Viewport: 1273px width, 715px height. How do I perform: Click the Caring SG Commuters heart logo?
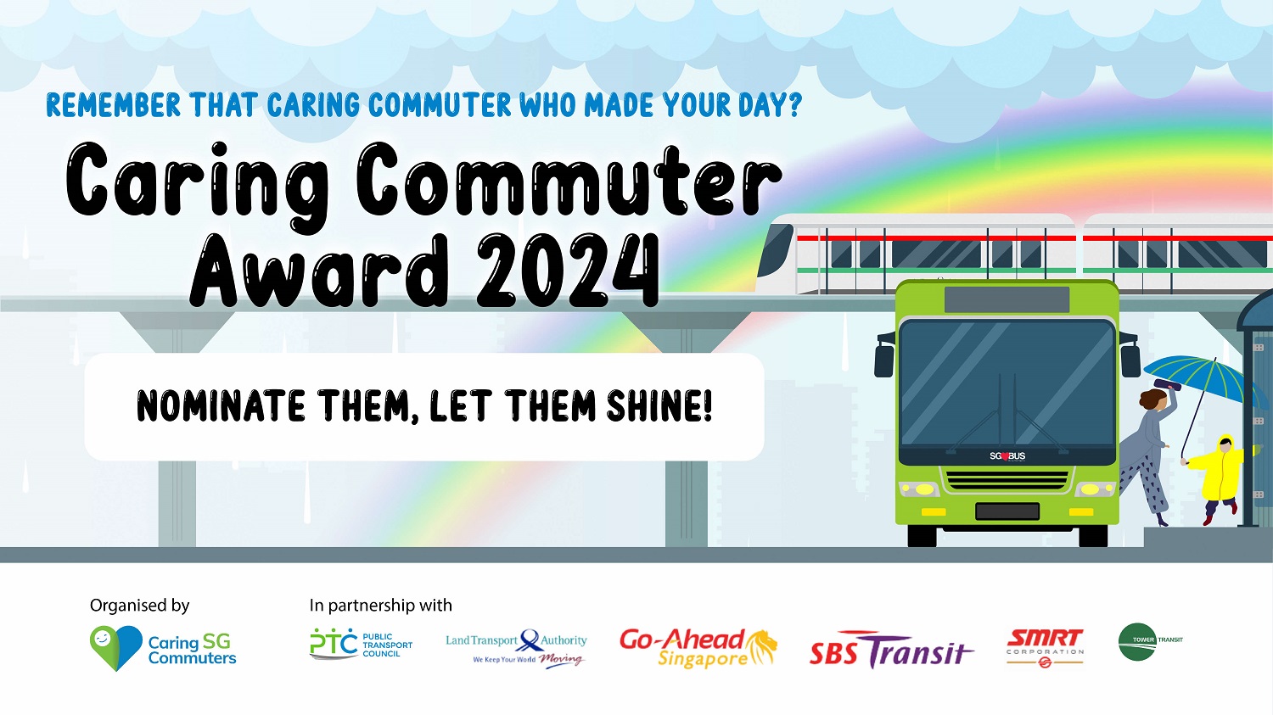coord(116,648)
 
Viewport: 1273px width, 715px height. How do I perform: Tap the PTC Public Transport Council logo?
coord(361,644)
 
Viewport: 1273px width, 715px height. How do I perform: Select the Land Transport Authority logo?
coord(516,649)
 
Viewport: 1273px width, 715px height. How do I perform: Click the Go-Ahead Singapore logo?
coord(698,648)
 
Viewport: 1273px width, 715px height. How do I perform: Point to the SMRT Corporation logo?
coord(1045,648)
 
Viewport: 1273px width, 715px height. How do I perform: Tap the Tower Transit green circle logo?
coord(1137,642)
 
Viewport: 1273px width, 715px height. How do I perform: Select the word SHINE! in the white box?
coord(659,405)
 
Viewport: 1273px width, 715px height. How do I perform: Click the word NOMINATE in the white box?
coord(221,405)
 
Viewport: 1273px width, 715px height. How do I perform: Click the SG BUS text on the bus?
coord(1007,456)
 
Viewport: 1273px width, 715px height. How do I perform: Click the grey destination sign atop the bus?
coord(1007,299)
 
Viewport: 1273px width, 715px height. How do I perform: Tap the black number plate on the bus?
coord(1007,511)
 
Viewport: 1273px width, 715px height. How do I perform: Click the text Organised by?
coord(139,606)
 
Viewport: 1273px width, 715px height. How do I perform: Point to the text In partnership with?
coord(381,606)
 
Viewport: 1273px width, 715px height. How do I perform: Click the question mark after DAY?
coord(794,105)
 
